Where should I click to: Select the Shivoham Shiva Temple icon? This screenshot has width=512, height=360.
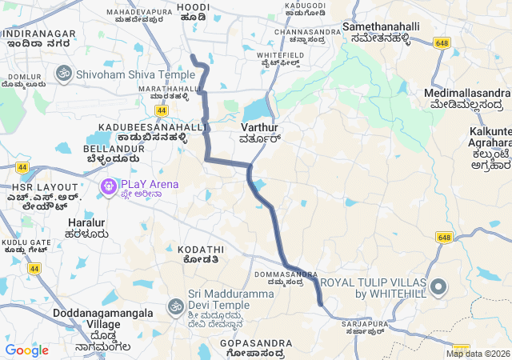pyautogui.click(x=63, y=74)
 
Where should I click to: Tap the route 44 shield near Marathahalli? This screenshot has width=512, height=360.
pyautogui.click(x=162, y=110)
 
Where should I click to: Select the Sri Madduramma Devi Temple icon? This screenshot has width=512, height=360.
pyautogui.click(x=175, y=306)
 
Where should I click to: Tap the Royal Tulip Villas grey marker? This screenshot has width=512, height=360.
pyautogui.click(x=438, y=287)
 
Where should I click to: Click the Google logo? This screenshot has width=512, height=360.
pyautogui.click(x=27, y=350)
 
